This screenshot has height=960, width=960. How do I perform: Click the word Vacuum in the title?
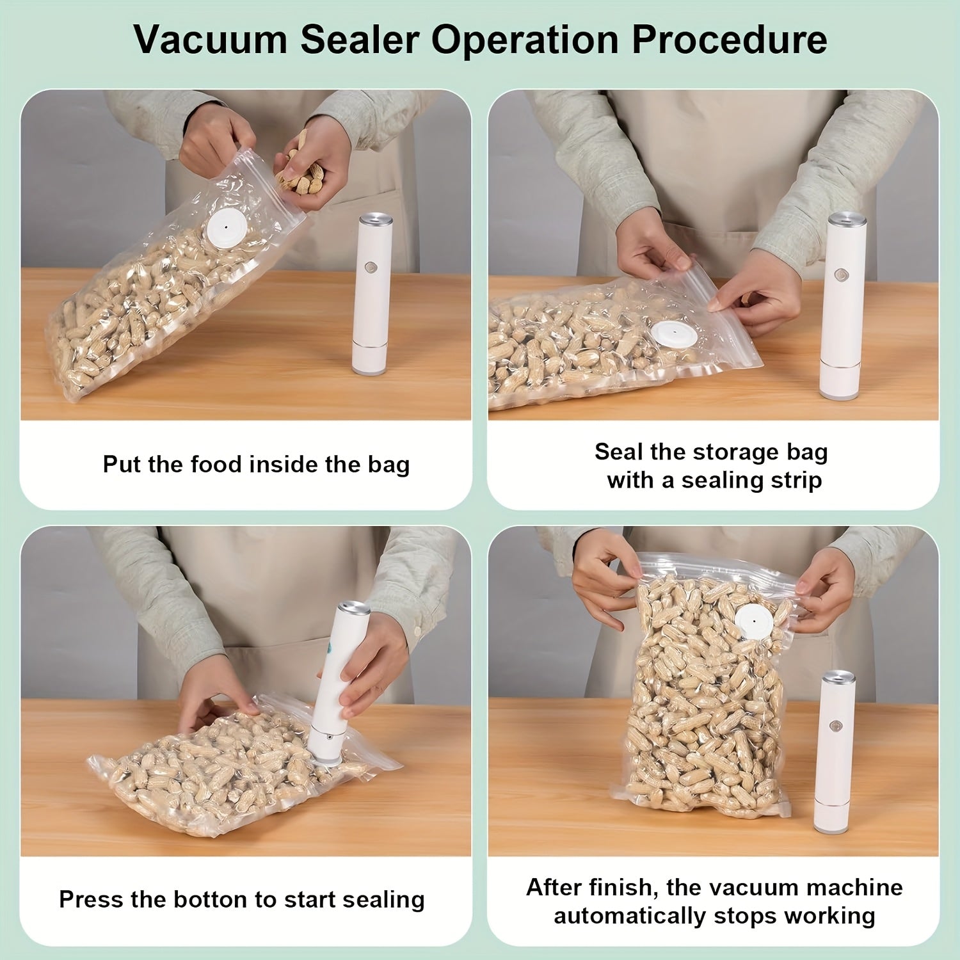click(x=211, y=40)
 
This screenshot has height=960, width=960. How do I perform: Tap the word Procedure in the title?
click(x=730, y=40)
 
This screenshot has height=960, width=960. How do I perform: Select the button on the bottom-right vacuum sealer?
click(x=835, y=726)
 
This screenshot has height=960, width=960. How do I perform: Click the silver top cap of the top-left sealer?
click(x=376, y=220)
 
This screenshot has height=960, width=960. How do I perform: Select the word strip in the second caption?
click(x=796, y=480)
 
